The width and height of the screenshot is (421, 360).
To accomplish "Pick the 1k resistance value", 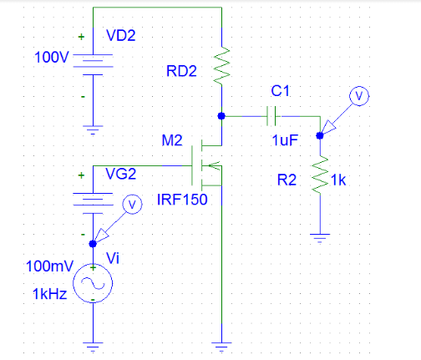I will (338, 180).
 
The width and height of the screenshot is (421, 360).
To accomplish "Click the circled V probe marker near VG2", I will (129, 204).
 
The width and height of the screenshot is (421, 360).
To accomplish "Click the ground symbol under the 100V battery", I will (92, 129).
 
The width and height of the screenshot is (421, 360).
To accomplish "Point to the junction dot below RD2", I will (221, 116).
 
